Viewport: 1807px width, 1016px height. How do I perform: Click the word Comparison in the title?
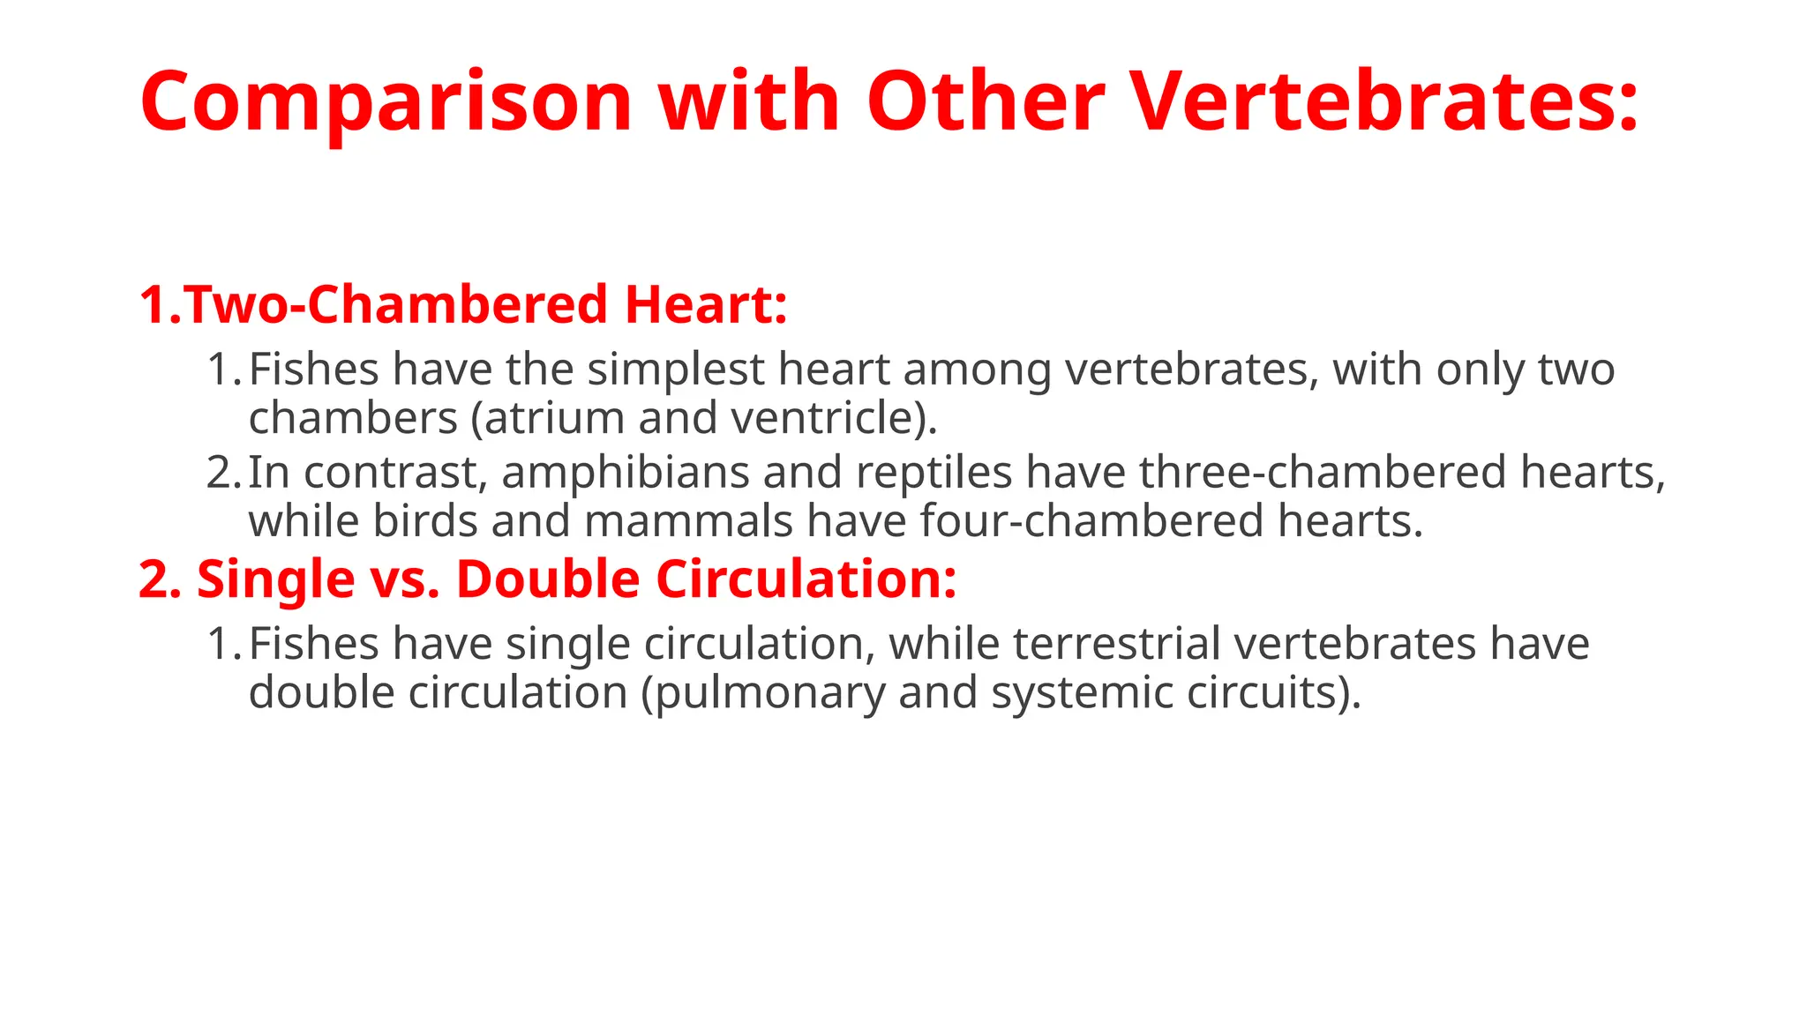click(x=386, y=102)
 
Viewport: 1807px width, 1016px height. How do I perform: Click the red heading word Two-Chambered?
click(x=397, y=305)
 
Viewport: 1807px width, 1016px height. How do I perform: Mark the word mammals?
click(x=688, y=521)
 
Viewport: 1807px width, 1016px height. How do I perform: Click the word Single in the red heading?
click(x=275, y=580)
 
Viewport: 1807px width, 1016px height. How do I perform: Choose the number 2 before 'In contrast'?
click(x=218, y=473)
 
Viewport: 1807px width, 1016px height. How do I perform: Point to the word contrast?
click(x=395, y=473)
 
